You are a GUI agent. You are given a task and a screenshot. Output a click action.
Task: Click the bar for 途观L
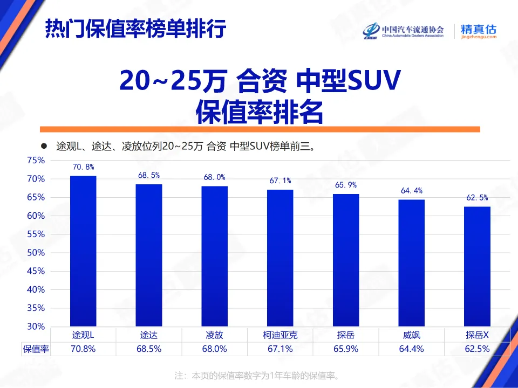click(x=83, y=251)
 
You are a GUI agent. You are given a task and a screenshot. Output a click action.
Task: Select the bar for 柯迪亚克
click(x=280, y=258)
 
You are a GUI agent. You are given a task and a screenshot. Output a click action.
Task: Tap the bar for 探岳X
click(x=478, y=266)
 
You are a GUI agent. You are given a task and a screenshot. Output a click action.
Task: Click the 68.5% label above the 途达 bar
click(x=149, y=176)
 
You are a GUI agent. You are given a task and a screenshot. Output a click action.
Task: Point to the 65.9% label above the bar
click(x=346, y=185)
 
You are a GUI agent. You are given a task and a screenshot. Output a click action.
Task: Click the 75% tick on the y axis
click(x=36, y=161)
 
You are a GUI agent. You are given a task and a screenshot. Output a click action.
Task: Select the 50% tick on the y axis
click(x=36, y=253)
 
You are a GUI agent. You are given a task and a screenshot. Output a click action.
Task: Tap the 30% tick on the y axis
click(x=36, y=327)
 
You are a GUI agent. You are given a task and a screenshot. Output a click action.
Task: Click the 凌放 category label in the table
click(x=214, y=335)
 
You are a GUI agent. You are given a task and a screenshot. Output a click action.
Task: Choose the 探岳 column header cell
click(x=346, y=335)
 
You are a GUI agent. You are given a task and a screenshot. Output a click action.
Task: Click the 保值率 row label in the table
click(x=36, y=349)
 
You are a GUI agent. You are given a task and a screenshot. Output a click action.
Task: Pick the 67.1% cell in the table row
click(x=280, y=349)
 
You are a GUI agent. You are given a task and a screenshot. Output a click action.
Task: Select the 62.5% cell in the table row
click(x=477, y=349)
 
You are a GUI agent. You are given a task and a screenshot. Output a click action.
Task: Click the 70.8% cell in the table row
click(x=83, y=349)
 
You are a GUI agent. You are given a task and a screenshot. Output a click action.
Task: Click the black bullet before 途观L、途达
click(x=45, y=146)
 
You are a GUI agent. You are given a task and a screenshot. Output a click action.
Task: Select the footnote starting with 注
click(x=258, y=375)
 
